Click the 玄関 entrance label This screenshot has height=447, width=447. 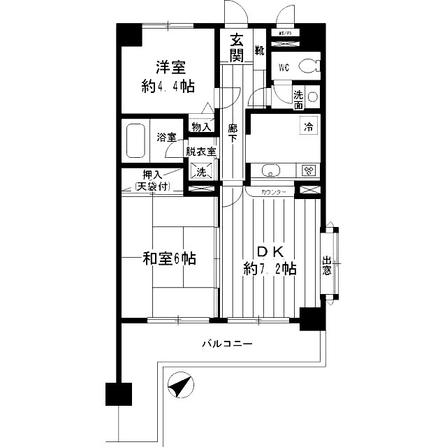pos(237,46)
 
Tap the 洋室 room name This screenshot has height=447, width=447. pos(170,68)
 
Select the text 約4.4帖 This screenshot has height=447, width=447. pos(168,87)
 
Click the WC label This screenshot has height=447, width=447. pos(284,68)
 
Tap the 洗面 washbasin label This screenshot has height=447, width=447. pos(298,99)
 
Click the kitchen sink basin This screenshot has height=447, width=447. pos(270,170)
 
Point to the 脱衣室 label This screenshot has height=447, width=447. pos(200,151)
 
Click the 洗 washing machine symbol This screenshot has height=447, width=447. pos(200,171)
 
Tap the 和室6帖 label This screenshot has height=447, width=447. pos(170,258)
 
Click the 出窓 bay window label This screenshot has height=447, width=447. pos(327,267)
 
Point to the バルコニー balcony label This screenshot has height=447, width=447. pos(228,344)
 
